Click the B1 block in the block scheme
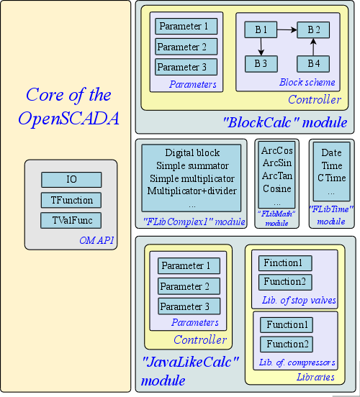[261, 29]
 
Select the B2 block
[313, 29]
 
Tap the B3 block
[261, 64]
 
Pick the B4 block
[313, 64]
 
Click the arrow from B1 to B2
[287, 30]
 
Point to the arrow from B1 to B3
[261, 47]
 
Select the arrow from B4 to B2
[313, 47]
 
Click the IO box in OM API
[71, 180]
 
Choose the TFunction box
[71, 200]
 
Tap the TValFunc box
[71, 220]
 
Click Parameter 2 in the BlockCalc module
[186, 47]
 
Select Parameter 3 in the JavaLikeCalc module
[189, 306]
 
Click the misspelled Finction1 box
[285, 263]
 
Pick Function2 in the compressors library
[287, 344]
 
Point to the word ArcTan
[277, 175]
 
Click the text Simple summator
[192, 165]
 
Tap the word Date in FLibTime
[332, 152]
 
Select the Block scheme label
[307, 82]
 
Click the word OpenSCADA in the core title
[68, 119]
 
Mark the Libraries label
[315, 377]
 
